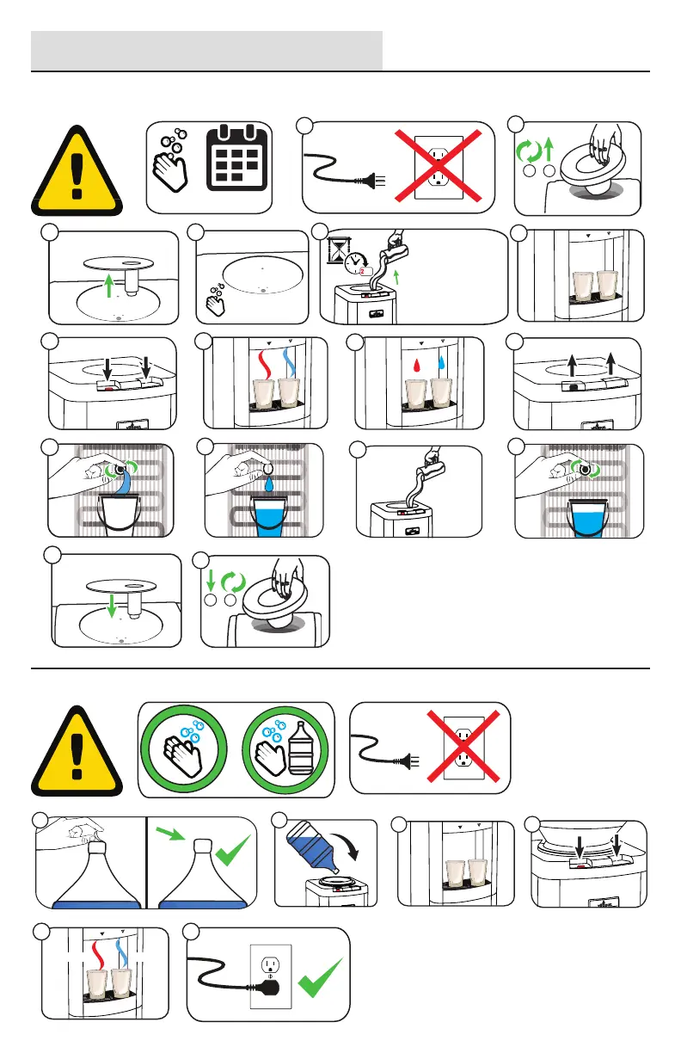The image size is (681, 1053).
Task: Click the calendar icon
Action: tap(235, 162)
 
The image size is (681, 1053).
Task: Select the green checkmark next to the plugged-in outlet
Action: tap(318, 982)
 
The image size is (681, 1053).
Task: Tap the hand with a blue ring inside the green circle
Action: tap(186, 747)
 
